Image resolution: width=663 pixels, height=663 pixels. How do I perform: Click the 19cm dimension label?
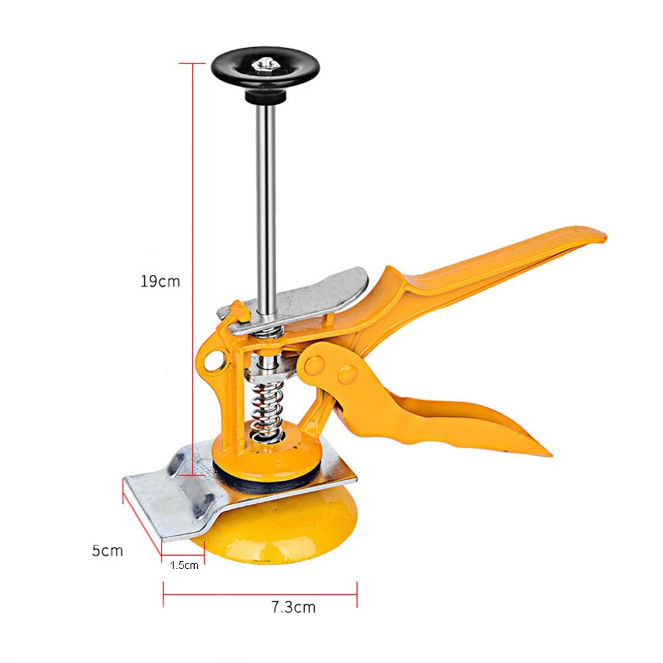[x=160, y=281]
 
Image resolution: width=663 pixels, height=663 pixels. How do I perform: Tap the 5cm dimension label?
[x=107, y=550]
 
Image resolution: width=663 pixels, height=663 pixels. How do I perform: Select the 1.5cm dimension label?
[x=183, y=565]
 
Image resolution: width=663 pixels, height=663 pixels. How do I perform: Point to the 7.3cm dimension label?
[x=293, y=607]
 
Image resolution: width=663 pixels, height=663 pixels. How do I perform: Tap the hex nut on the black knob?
[x=264, y=64]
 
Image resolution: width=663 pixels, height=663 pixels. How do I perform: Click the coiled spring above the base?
[x=268, y=411]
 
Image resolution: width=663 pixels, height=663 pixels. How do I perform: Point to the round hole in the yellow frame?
[x=213, y=361]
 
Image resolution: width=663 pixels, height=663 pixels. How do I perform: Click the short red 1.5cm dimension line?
[x=183, y=555]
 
